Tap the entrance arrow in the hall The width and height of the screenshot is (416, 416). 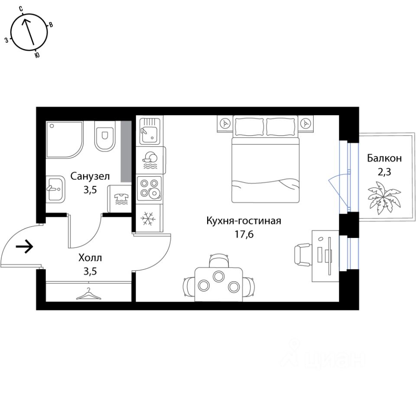(25, 247)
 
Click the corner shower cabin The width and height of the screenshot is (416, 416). (64, 140)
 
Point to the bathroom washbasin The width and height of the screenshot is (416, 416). (55, 189)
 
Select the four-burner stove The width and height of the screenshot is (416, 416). (149, 188)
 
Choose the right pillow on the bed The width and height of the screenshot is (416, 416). (281, 126)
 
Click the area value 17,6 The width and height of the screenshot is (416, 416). (244, 234)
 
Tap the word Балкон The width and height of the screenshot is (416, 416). (384, 158)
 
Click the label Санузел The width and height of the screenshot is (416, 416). (90, 177)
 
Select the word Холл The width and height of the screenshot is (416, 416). (90, 259)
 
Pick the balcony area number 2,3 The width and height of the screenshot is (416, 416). (384, 172)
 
